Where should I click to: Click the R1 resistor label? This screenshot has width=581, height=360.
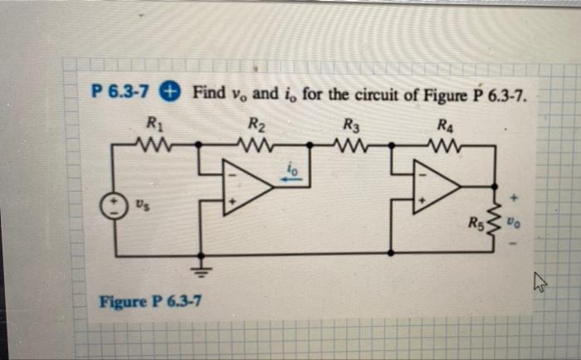point(154,125)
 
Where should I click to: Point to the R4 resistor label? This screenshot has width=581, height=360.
point(447,126)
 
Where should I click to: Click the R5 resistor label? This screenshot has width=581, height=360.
point(474,221)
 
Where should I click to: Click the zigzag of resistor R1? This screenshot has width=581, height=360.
point(154,144)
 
